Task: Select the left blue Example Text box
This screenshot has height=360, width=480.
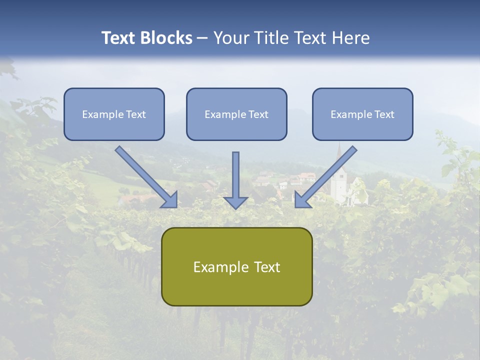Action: tap(114, 114)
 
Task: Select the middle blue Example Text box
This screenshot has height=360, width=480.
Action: tap(236, 114)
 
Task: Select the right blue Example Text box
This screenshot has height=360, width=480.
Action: tap(362, 114)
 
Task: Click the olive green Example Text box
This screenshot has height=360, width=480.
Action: tap(236, 266)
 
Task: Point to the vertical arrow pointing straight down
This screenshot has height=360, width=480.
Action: tap(235, 175)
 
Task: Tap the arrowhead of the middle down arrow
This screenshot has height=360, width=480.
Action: tap(235, 202)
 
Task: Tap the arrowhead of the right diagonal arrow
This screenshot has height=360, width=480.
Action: tap(301, 200)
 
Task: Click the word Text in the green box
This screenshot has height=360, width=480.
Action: tap(266, 267)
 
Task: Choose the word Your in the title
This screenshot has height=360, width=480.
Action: tap(230, 38)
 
